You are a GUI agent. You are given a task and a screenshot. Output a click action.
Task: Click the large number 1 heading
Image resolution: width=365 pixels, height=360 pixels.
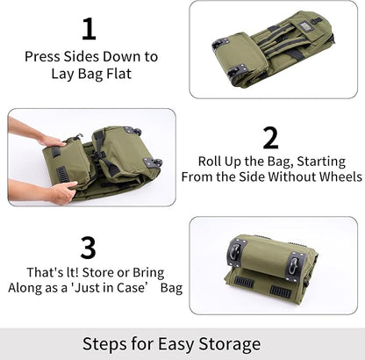(89, 29)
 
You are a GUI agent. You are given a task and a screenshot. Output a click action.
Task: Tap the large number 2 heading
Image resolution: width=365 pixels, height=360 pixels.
(270, 138)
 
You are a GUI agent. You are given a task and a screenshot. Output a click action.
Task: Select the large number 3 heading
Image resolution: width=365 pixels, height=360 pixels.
(89, 248)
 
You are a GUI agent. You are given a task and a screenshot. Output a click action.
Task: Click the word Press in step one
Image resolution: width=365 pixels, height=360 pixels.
(43, 56)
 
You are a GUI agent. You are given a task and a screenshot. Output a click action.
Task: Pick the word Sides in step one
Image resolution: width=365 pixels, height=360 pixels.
(86, 56)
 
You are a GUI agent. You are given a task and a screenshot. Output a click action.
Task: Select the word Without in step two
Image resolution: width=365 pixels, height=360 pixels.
(284, 176)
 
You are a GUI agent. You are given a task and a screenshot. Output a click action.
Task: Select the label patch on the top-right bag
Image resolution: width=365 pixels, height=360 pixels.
(308, 23)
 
